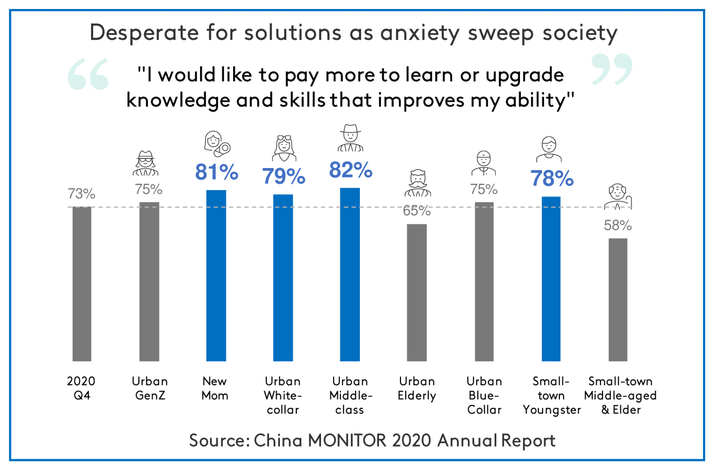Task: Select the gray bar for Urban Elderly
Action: pyautogui.click(x=417, y=292)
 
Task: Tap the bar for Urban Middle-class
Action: pyautogui.click(x=350, y=274)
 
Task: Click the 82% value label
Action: pyautogui.click(x=351, y=170)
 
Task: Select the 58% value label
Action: pyautogui.click(x=618, y=225)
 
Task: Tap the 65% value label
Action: pyautogui.click(x=417, y=211)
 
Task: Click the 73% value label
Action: pyautogui.click(x=82, y=194)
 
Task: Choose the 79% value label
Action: pyautogui.click(x=284, y=176)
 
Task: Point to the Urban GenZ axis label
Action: pyautogui.click(x=149, y=388)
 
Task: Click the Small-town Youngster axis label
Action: pyautogui.click(x=551, y=395)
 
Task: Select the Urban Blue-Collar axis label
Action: pyautogui.click(x=484, y=395)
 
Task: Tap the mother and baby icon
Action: pyautogui.click(x=216, y=144)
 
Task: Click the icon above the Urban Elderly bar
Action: pyautogui.click(x=417, y=184)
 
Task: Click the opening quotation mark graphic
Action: pyautogui.click(x=88, y=74)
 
